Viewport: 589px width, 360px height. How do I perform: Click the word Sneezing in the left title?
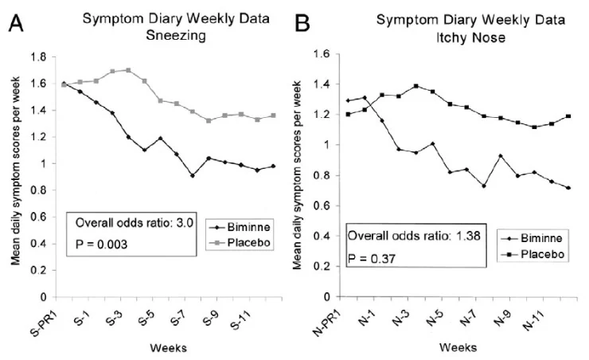pyautogui.click(x=176, y=36)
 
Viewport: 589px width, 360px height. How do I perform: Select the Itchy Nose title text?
pyautogui.click(x=470, y=37)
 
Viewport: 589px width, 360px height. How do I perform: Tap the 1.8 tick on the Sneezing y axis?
pyautogui.click(x=39, y=57)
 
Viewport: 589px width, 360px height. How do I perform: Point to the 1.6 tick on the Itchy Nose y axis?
pyautogui.click(x=322, y=53)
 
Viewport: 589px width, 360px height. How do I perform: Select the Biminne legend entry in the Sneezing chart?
pyautogui.click(x=240, y=227)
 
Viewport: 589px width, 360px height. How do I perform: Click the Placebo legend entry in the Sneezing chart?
pyautogui.click(x=240, y=243)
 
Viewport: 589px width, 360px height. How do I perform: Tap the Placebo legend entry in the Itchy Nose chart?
pyautogui.click(x=533, y=254)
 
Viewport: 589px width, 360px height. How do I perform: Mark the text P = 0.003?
pyautogui.click(x=101, y=245)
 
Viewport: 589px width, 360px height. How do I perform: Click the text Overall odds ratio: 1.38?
pyautogui.click(x=414, y=236)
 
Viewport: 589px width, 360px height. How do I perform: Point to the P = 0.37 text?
pyautogui.click(x=371, y=259)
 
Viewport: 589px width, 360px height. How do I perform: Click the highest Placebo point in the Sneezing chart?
pyautogui.click(x=128, y=70)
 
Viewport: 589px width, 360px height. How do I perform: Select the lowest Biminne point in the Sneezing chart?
pyautogui.click(x=193, y=175)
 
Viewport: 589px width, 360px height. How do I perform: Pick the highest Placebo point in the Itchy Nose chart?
pyautogui.click(x=415, y=86)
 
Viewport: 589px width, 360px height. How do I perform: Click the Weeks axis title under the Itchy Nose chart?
pyautogui.click(x=458, y=347)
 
